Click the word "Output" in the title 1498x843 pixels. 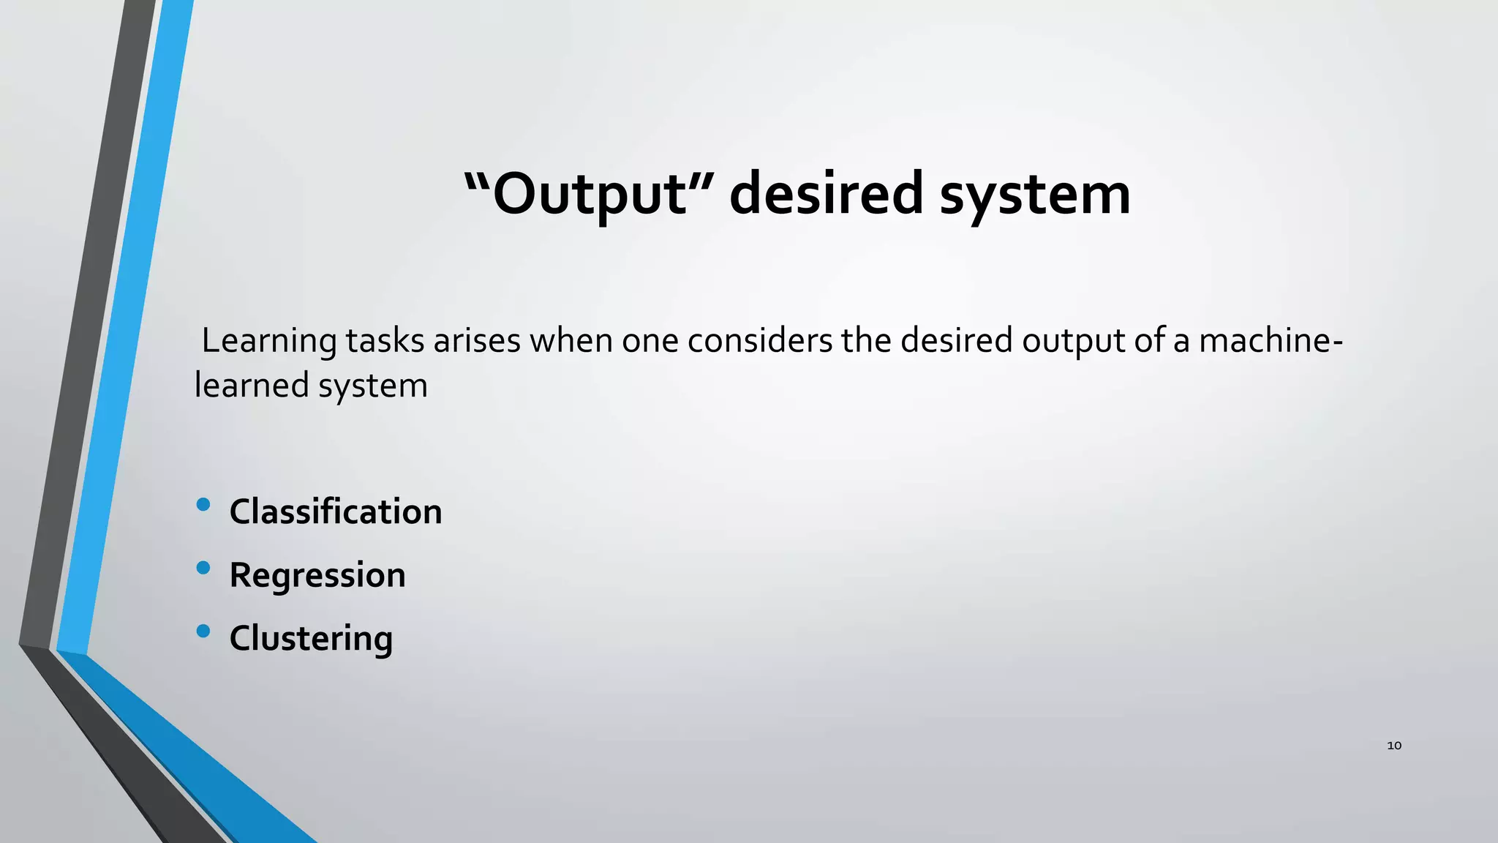589,194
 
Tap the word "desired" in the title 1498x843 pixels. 827,194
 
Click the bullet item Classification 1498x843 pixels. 336,512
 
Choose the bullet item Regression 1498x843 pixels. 317,575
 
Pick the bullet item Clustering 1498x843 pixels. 311,638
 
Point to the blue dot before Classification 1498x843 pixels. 203,504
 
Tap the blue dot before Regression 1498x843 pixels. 203,567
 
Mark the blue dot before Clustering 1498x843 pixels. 203,631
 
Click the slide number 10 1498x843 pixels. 1394,746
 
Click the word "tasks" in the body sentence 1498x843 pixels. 385,341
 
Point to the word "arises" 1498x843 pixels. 477,341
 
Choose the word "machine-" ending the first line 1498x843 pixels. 1271,341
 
